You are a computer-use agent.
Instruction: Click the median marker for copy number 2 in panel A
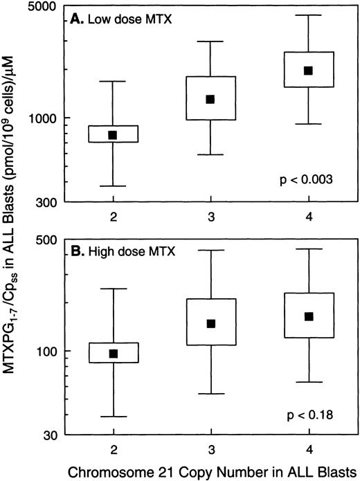[112, 135]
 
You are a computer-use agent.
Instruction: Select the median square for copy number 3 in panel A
[210, 99]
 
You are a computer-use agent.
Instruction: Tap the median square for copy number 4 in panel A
[309, 71]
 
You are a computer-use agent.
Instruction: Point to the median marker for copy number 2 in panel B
[112, 354]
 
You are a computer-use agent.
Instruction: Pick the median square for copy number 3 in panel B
[210, 324]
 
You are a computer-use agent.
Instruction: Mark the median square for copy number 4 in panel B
[309, 316]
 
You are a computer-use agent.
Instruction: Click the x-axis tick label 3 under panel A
[210, 215]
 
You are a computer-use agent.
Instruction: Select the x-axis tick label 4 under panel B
[309, 448]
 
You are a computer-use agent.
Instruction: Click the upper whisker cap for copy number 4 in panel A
[309, 15]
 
